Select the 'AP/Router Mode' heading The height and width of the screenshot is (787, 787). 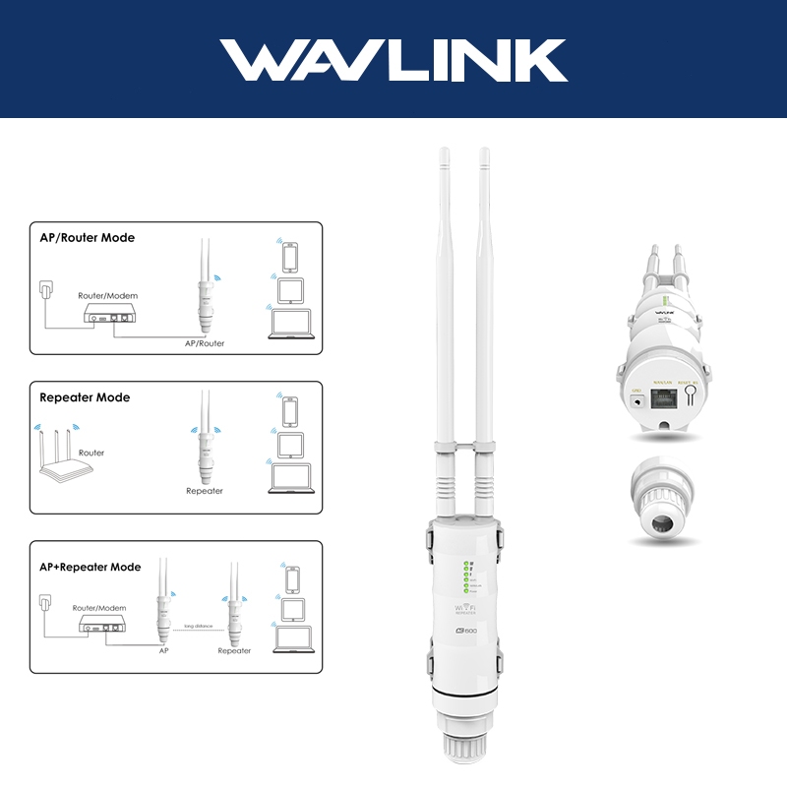[x=88, y=238]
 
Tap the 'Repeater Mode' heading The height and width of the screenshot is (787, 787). [x=85, y=397]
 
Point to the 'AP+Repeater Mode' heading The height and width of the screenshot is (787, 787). [x=90, y=567]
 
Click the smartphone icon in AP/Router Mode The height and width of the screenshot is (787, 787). [x=290, y=257]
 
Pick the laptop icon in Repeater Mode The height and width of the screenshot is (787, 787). [x=290, y=479]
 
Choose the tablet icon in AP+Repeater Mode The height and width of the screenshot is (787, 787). [x=290, y=608]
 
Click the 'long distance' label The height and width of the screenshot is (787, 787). [x=198, y=626]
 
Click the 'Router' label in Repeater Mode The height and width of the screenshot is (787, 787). [x=91, y=454]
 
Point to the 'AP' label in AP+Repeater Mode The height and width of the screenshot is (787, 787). [x=164, y=650]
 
